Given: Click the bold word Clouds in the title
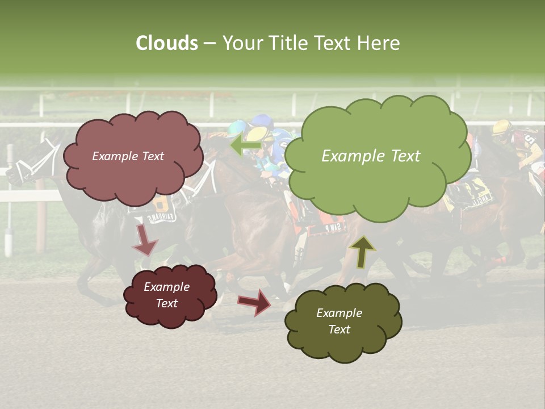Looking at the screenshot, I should pyautogui.click(x=167, y=43).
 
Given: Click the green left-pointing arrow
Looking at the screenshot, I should pyautogui.click(x=245, y=145).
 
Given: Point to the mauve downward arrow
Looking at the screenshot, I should pyautogui.click(x=145, y=240).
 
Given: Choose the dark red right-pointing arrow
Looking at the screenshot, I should pyautogui.click(x=255, y=301).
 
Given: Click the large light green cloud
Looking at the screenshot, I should pyautogui.click(x=378, y=156).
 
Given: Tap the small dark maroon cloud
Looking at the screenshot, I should pyautogui.click(x=170, y=295).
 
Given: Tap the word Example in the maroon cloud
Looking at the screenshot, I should pyautogui.click(x=166, y=287).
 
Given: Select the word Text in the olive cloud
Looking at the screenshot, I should pyautogui.click(x=339, y=329).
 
